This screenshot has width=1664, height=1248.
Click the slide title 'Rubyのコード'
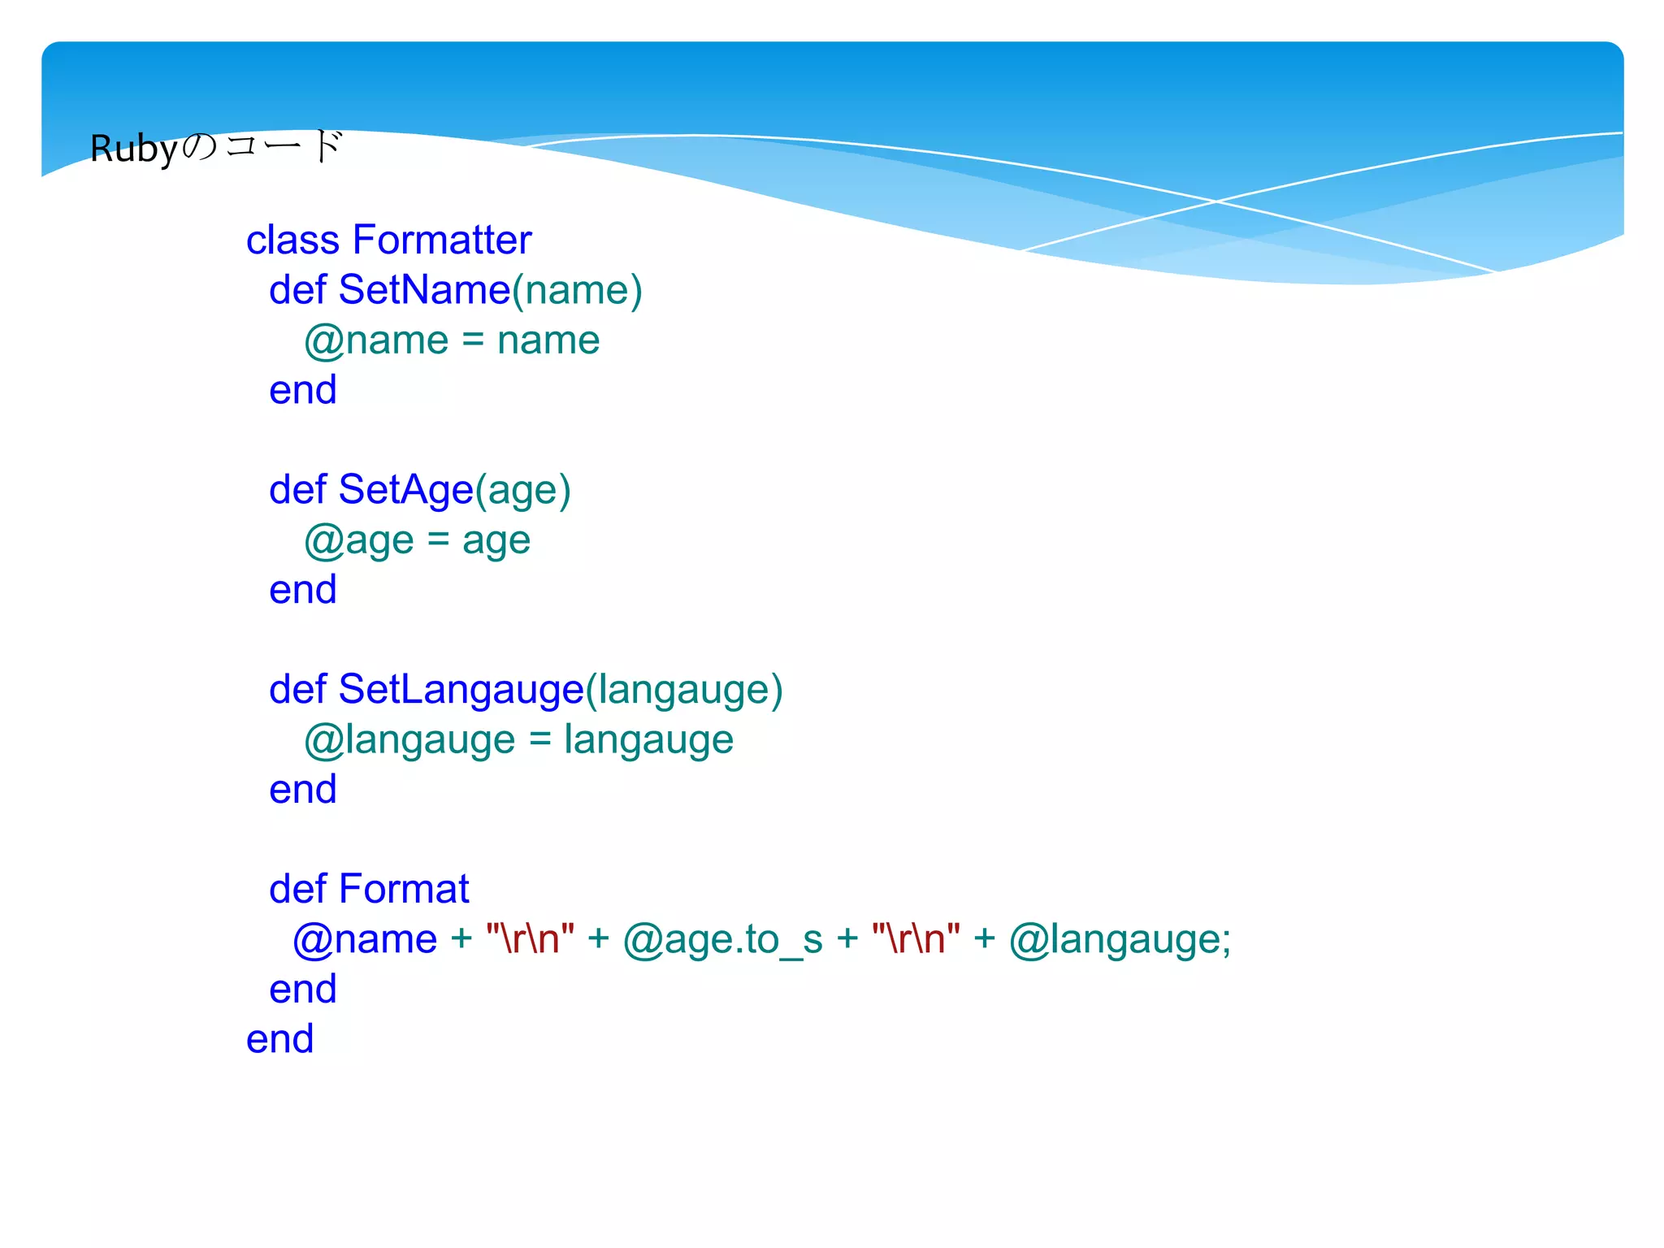[216, 148]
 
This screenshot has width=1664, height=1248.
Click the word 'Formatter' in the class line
[442, 240]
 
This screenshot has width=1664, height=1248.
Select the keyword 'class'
[292, 240]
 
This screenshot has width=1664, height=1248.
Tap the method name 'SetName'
[424, 290]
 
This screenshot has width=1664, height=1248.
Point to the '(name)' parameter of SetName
[577, 291]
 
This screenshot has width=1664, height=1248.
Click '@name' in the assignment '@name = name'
[376, 341]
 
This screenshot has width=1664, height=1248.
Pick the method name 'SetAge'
[405, 490]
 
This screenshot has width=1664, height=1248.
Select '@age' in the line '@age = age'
[358, 541]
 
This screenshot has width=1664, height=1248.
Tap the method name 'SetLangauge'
[461, 690]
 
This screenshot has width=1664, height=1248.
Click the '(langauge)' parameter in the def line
[684, 691]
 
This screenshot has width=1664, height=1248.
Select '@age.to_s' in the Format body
[722, 940]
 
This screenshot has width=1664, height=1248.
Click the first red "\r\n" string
[530, 939]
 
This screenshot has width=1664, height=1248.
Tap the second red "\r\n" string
[916, 939]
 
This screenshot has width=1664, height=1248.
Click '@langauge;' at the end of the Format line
[1120, 940]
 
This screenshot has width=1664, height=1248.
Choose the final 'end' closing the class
[279, 1039]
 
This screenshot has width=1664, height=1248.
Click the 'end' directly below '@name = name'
[302, 390]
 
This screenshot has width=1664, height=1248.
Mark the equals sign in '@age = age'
[438, 540]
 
